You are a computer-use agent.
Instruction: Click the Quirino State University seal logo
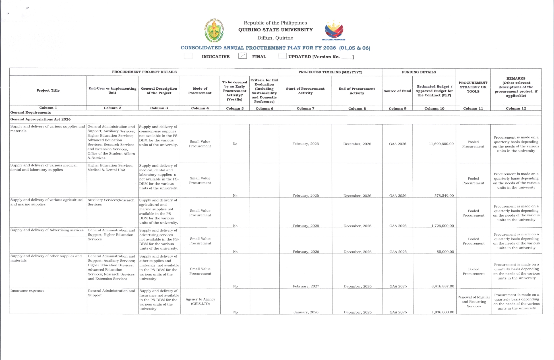coord(214,31)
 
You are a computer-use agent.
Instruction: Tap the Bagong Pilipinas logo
coord(334,30)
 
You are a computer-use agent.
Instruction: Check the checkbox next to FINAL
coord(243,56)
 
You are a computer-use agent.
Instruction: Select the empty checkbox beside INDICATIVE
coord(188,56)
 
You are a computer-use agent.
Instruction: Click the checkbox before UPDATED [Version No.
coord(282,56)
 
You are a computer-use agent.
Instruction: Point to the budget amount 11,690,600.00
coord(441,144)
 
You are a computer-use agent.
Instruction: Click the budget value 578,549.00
coord(444,196)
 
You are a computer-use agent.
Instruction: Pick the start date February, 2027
coord(306,286)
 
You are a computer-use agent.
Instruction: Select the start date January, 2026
coord(306,312)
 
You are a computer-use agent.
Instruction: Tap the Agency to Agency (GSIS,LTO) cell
coord(200,301)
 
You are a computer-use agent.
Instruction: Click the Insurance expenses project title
coord(27,291)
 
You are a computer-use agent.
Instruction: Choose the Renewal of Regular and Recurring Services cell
coord(474,301)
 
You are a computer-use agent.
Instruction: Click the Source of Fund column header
coord(397,91)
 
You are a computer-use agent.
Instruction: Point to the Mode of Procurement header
coord(200,91)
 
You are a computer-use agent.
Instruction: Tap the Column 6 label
coord(264,108)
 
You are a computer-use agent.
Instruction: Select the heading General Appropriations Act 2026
coord(40,119)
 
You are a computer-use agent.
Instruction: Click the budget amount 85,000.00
coord(445,252)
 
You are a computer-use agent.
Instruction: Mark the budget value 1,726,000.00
coord(443,226)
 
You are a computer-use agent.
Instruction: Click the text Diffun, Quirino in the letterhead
coord(275,38)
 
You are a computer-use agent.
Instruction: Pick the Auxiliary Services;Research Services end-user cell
coord(111,202)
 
